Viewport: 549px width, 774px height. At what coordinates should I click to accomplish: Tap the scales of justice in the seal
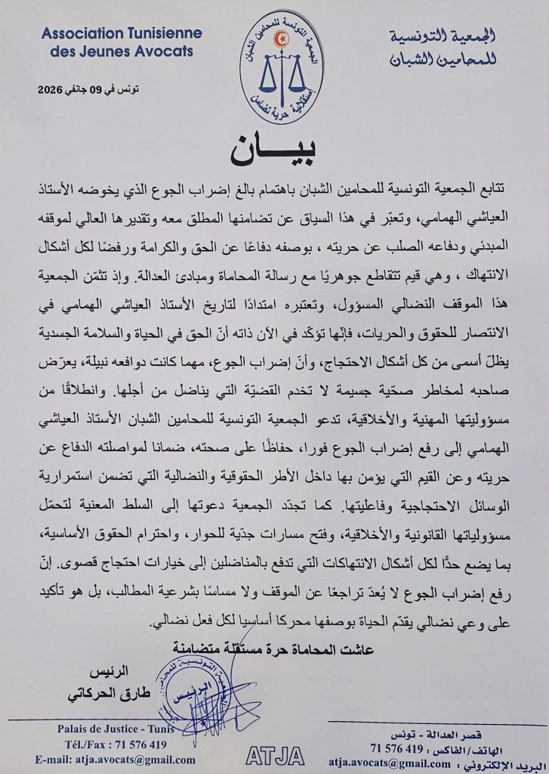[x=280, y=73]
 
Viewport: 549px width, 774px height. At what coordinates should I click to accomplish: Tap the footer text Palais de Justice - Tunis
[x=116, y=729]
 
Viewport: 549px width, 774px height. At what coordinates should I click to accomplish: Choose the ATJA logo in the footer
[x=275, y=755]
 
